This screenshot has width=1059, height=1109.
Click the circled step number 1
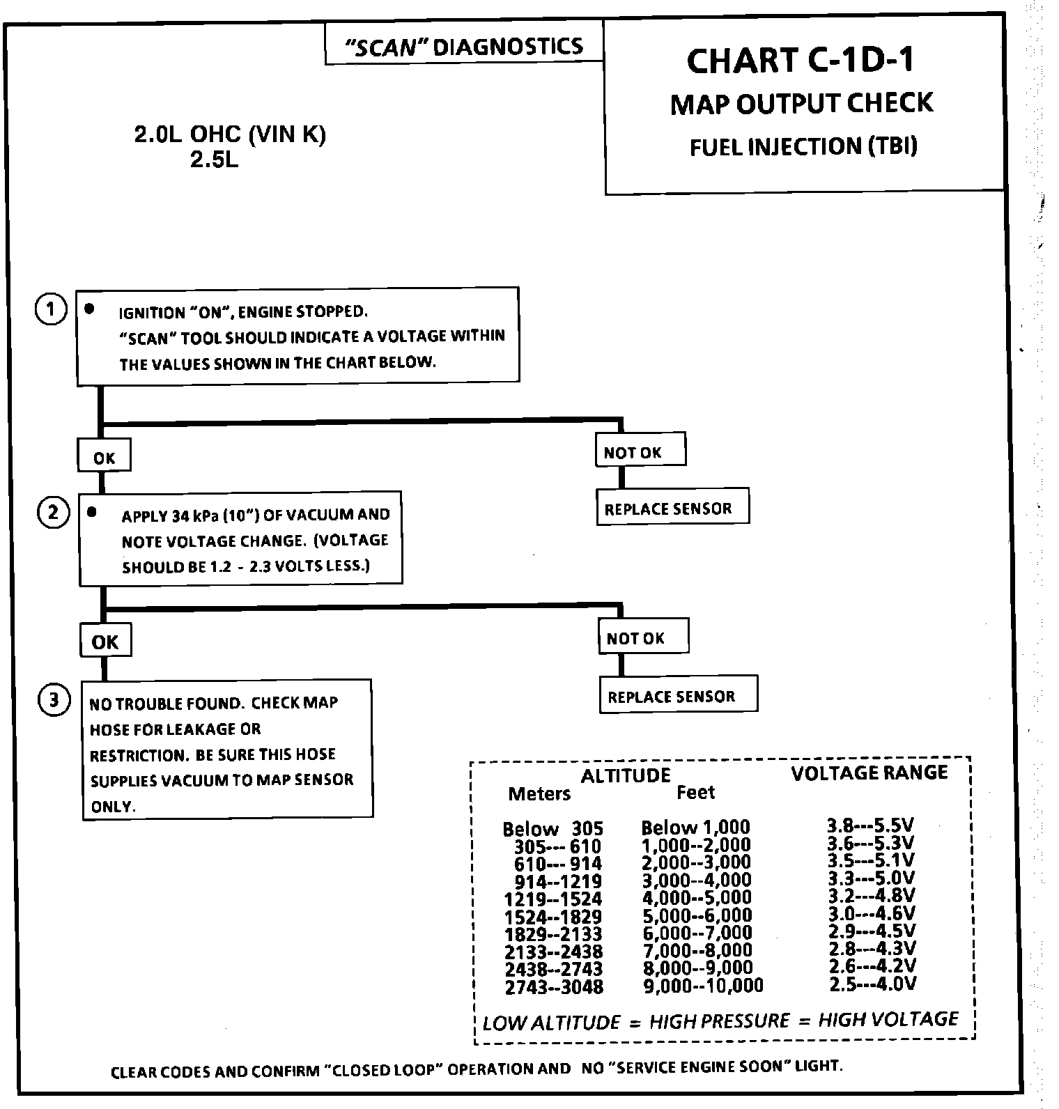[50, 309]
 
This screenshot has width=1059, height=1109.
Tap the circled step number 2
[53, 513]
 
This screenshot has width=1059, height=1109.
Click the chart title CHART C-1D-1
[801, 61]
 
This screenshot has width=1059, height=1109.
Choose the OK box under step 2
[105, 642]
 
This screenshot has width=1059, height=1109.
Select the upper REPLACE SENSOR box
[672, 508]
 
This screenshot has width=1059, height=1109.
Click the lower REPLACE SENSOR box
[677, 696]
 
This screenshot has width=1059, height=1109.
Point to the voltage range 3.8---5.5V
[870, 825]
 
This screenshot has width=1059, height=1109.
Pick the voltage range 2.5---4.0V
[872, 984]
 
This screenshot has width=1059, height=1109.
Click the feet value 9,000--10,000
[702, 986]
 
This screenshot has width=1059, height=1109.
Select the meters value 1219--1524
[553, 899]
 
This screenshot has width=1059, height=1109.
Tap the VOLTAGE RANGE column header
[869, 773]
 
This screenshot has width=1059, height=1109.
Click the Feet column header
[695, 792]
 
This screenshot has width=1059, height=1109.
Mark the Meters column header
[539, 793]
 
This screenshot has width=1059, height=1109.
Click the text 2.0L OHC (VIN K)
[230, 134]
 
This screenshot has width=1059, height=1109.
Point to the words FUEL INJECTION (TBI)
[803, 147]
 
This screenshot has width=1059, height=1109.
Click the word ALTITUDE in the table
[625, 775]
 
